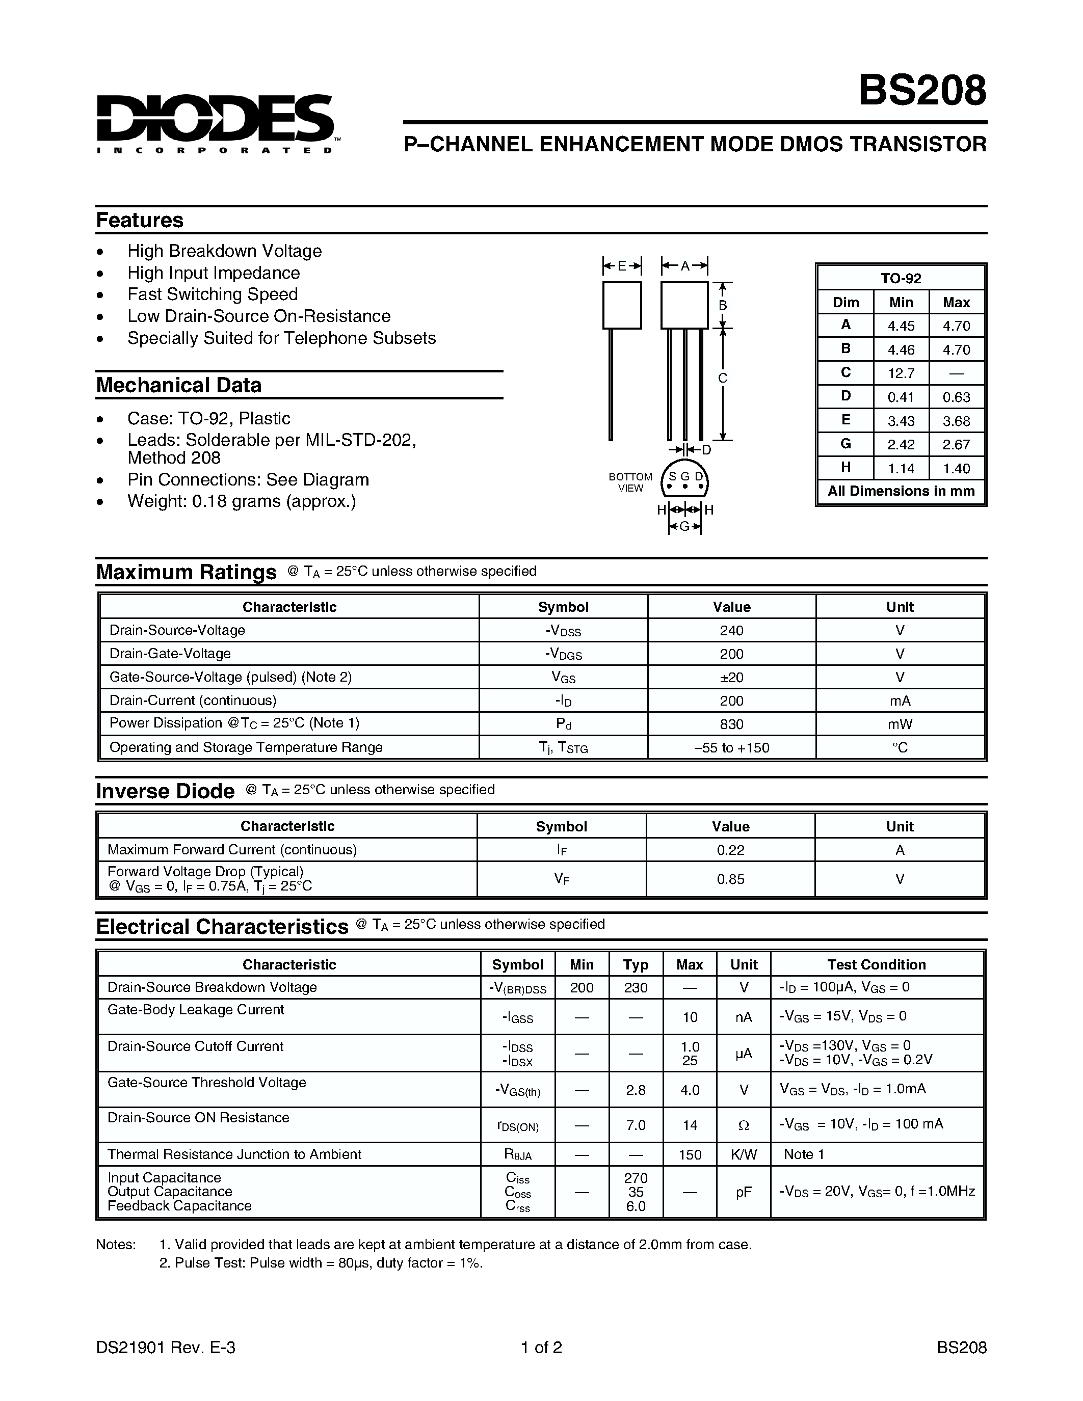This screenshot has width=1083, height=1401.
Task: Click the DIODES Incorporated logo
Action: click(x=216, y=123)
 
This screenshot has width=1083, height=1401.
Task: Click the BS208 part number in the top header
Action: click(x=922, y=91)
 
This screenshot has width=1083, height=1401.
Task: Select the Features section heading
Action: click(x=139, y=220)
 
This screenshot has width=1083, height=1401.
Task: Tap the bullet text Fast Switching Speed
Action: click(x=213, y=294)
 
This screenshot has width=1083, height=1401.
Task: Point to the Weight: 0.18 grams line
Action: click(x=241, y=501)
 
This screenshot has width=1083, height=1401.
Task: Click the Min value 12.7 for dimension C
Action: click(x=901, y=373)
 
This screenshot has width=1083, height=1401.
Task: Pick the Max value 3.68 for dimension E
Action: click(x=956, y=421)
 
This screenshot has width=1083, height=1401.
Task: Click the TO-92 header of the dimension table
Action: click(x=901, y=278)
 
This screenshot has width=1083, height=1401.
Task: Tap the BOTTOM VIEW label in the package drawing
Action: click(x=630, y=482)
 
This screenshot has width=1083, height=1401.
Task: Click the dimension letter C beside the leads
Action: click(x=723, y=378)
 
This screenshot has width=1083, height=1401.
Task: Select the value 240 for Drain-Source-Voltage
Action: click(x=731, y=631)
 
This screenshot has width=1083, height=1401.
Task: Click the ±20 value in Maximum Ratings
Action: click(x=731, y=678)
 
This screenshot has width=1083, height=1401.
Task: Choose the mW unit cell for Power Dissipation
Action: click(x=900, y=724)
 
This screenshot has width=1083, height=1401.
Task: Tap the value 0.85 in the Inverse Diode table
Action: click(x=730, y=879)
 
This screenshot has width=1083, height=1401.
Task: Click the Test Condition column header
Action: click(x=877, y=965)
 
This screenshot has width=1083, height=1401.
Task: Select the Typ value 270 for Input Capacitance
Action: click(x=635, y=1178)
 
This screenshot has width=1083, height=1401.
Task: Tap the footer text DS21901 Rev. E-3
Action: click(x=166, y=1347)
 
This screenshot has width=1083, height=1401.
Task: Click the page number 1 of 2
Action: click(x=541, y=1347)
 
